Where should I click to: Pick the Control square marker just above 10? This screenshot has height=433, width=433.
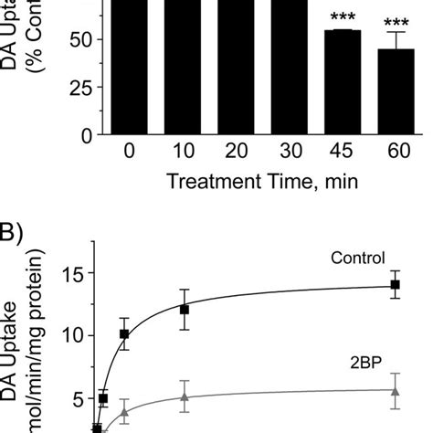(x=125, y=333)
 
